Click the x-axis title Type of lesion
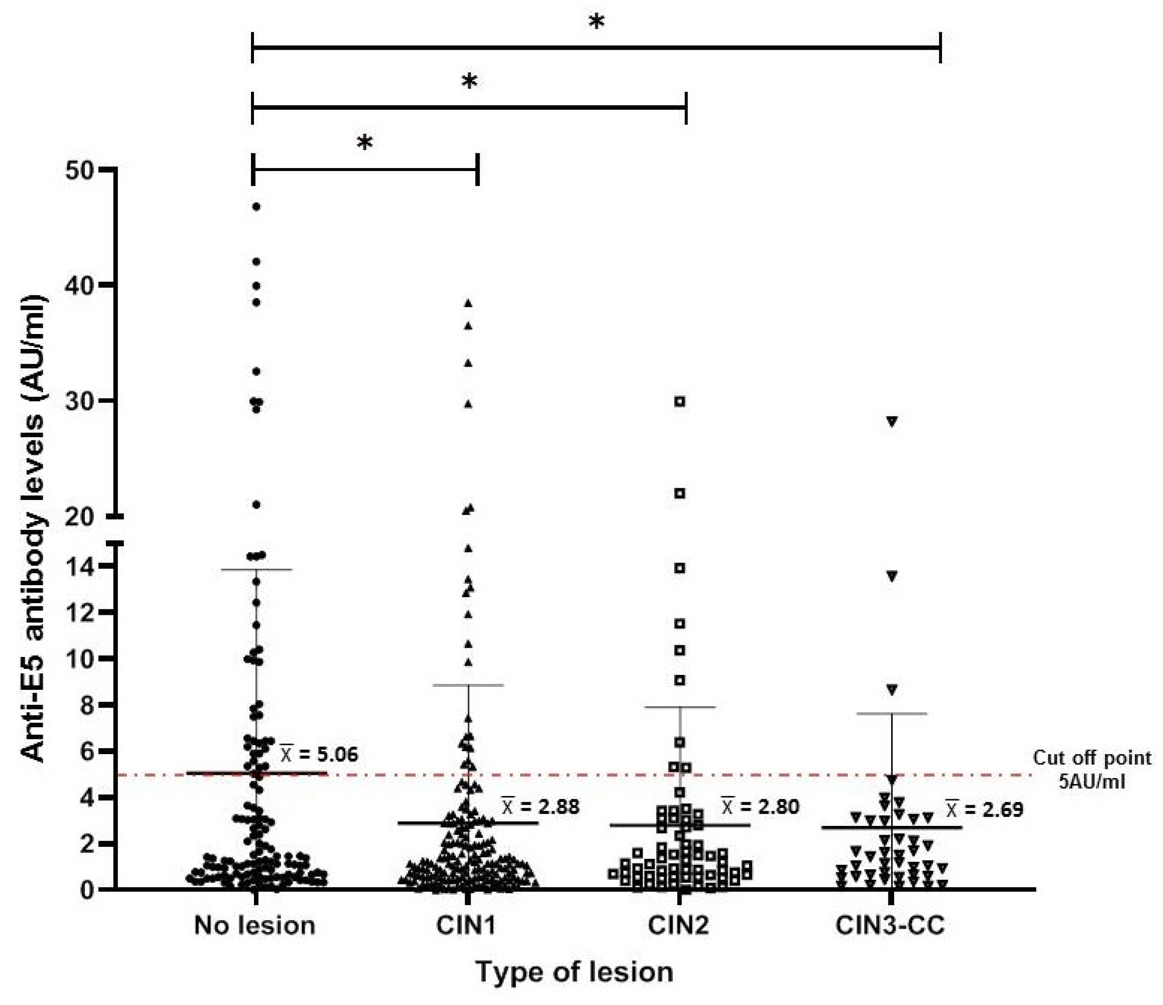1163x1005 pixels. click(x=575, y=972)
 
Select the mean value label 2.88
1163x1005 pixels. click(x=541, y=806)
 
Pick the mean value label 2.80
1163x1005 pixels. click(x=761, y=806)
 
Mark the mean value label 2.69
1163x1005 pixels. click(x=985, y=809)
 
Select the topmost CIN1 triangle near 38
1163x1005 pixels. click(x=468, y=304)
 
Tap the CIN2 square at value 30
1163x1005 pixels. click(x=680, y=402)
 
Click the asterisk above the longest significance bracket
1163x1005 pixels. click(x=597, y=22)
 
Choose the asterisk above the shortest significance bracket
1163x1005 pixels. click(x=365, y=143)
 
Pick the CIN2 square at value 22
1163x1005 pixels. click(x=680, y=493)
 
